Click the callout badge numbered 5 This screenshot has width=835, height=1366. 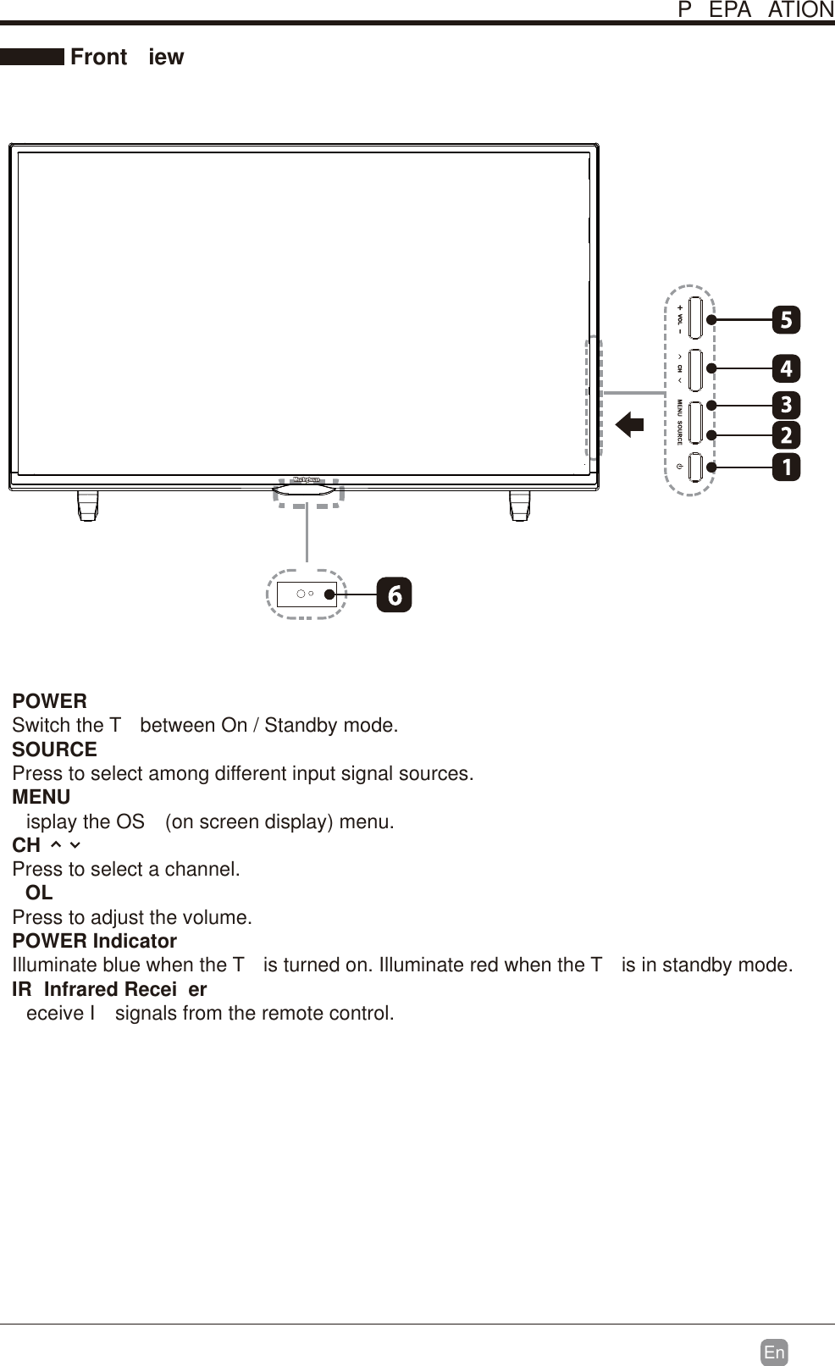click(x=786, y=320)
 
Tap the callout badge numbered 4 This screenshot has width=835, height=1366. click(x=786, y=368)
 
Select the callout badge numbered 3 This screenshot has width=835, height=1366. click(x=786, y=405)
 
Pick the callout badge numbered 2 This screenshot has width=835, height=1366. click(x=786, y=435)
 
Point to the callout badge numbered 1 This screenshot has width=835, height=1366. click(x=786, y=467)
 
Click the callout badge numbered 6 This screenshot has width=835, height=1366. click(x=395, y=595)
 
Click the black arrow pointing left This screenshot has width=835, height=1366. click(x=629, y=423)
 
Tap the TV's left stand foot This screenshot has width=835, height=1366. click(x=87, y=506)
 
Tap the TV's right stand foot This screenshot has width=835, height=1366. click(x=520, y=506)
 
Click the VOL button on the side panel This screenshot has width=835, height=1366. click(x=695, y=318)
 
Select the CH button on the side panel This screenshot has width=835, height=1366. click(x=695, y=369)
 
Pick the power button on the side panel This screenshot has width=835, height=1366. click(x=695, y=467)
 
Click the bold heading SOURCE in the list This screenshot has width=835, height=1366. click(x=54, y=749)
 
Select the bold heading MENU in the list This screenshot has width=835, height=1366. click(x=41, y=797)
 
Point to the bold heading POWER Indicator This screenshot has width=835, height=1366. click(x=94, y=941)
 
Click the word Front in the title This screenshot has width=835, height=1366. click(x=99, y=57)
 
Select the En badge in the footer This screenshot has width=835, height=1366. click(x=774, y=1352)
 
